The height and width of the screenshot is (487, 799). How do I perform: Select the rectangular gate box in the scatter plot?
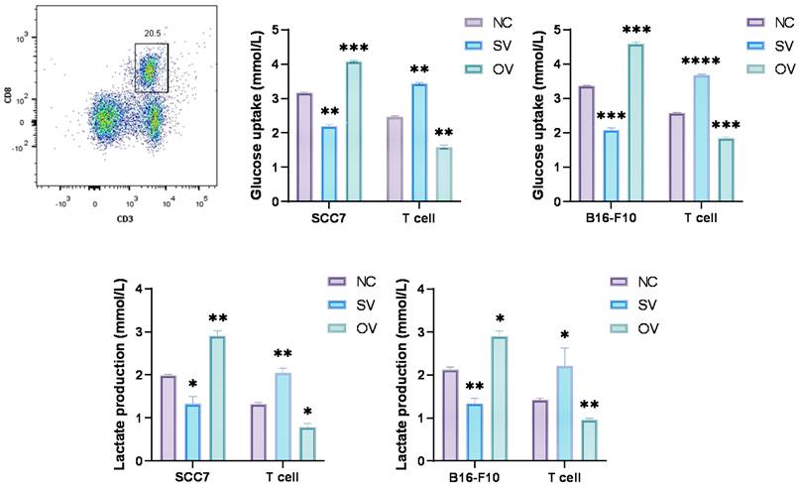click(x=152, y=67)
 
